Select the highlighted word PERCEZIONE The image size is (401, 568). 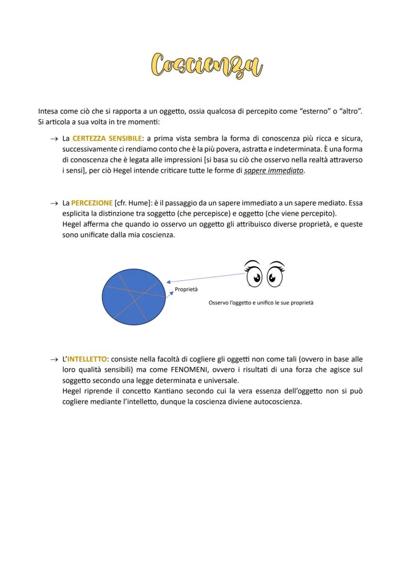pyautogui.click(x=92, y=203)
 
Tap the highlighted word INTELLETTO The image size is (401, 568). pyautogui.click(x=87, y=359)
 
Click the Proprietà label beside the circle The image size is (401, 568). pyautogui.click(x=186, y=289)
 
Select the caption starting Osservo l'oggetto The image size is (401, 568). pyautogui.click(x=261, y=303)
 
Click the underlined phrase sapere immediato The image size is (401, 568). pyautogui.click(x=274, y=171)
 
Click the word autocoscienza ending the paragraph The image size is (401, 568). pyautogui.click(x=277, y=402)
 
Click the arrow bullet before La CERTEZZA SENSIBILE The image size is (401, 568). pyautogui.click(x=54, y=139)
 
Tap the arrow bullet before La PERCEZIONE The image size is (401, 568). pyautogui.click(x=54, y=204)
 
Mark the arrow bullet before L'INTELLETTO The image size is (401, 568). pyautogui.click(x=54, y=360)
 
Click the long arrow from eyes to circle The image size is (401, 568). pyautogui.click(x=206, y=277)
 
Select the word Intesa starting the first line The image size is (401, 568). pyautogui.click(x=48, y=112)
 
